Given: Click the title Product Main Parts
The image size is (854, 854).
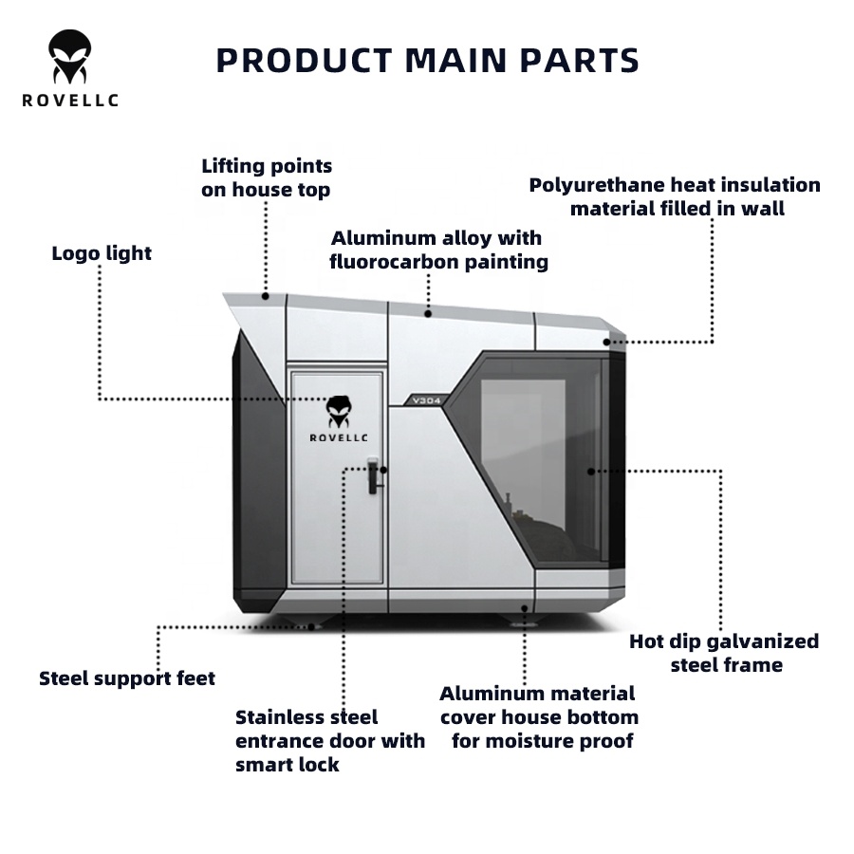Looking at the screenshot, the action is [428, 60].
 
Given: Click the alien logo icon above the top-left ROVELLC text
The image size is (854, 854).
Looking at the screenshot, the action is [69, 57].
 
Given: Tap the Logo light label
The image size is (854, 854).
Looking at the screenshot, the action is [102, 253].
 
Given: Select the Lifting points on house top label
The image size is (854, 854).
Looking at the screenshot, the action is [267, 177].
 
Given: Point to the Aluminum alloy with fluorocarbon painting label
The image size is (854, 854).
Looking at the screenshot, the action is [439, 250].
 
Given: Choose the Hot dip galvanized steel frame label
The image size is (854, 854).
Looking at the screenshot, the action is [724, 653].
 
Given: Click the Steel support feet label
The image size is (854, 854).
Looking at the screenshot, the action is [127, 678].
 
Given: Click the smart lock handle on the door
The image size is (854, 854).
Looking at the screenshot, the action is [374, 475].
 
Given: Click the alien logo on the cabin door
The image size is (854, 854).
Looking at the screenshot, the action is [339, 411].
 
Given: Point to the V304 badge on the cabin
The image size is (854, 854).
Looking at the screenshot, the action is [426, 400].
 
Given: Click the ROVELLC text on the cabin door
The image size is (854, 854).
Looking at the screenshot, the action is [339, 437].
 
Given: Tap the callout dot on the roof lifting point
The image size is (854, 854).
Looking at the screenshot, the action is [266, 296].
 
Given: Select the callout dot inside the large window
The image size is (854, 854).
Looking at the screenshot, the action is [591, 471].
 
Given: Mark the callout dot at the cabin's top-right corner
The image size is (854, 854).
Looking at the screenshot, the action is [606, 342].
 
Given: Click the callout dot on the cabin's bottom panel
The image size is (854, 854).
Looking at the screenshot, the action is [525, 608].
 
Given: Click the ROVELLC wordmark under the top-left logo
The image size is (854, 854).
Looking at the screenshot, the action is [70, 101].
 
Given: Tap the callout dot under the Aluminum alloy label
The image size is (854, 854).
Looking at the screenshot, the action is [428, 314].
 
